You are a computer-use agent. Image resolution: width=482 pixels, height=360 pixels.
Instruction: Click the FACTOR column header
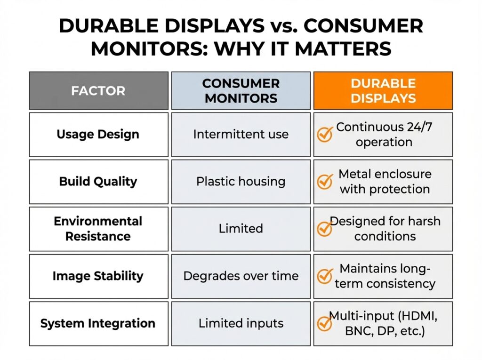click(98, 90)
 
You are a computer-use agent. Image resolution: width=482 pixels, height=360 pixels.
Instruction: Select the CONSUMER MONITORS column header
click(241, 90)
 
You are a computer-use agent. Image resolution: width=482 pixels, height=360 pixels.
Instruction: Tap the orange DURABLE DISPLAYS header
click(383, 90)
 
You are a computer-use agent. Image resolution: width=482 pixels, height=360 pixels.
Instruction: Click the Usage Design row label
click(98, 134)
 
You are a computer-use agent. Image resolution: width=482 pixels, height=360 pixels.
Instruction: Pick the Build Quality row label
click(98, 182)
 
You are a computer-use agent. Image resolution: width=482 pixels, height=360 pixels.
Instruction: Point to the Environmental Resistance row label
click(98, 229)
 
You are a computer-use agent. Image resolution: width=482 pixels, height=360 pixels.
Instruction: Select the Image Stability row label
click(98, 276)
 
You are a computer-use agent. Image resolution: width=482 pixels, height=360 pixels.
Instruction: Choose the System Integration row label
click(98, 323)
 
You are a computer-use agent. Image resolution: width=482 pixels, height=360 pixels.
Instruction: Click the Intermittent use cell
click(241, 134)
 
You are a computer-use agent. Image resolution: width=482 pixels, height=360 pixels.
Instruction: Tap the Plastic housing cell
click(241, 182)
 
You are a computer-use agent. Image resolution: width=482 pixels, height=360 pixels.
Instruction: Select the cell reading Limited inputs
click(241, 323)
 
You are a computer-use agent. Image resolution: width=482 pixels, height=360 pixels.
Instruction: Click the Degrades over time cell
click(241, 276)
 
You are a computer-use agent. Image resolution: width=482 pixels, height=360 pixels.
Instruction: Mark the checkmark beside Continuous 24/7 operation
click(325, 135)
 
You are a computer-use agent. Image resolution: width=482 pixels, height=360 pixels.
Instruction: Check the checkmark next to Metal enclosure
click(325, 182)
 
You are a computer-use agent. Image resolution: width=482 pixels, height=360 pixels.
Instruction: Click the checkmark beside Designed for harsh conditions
click(325, 229)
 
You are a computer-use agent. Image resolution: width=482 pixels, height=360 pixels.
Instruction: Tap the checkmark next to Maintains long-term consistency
click(325, 276)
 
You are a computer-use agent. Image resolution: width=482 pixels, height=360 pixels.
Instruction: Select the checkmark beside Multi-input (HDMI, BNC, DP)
click(325, 323)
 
